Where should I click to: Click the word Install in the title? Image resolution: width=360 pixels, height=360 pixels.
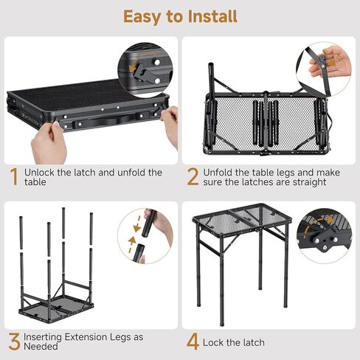(x=212, y=16)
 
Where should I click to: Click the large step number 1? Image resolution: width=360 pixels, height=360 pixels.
(x=14, y=176)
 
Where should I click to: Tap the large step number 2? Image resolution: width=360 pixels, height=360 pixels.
(x=193, y=176)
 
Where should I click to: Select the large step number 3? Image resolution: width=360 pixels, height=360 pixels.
(x=14, y=342)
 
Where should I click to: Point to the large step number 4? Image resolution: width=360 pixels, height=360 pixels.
(x=193, y=342)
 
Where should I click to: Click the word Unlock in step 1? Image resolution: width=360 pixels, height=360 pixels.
(x=39, y=173)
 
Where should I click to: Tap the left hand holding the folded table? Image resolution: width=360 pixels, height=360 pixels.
(x=49, y=142)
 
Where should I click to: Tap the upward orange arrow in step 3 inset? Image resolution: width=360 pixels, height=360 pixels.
(x=131, y=244)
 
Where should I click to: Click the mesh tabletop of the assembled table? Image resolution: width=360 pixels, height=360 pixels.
(x=242, y=216)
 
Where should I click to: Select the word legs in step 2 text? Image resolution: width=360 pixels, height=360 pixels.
(x=285, y=173)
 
